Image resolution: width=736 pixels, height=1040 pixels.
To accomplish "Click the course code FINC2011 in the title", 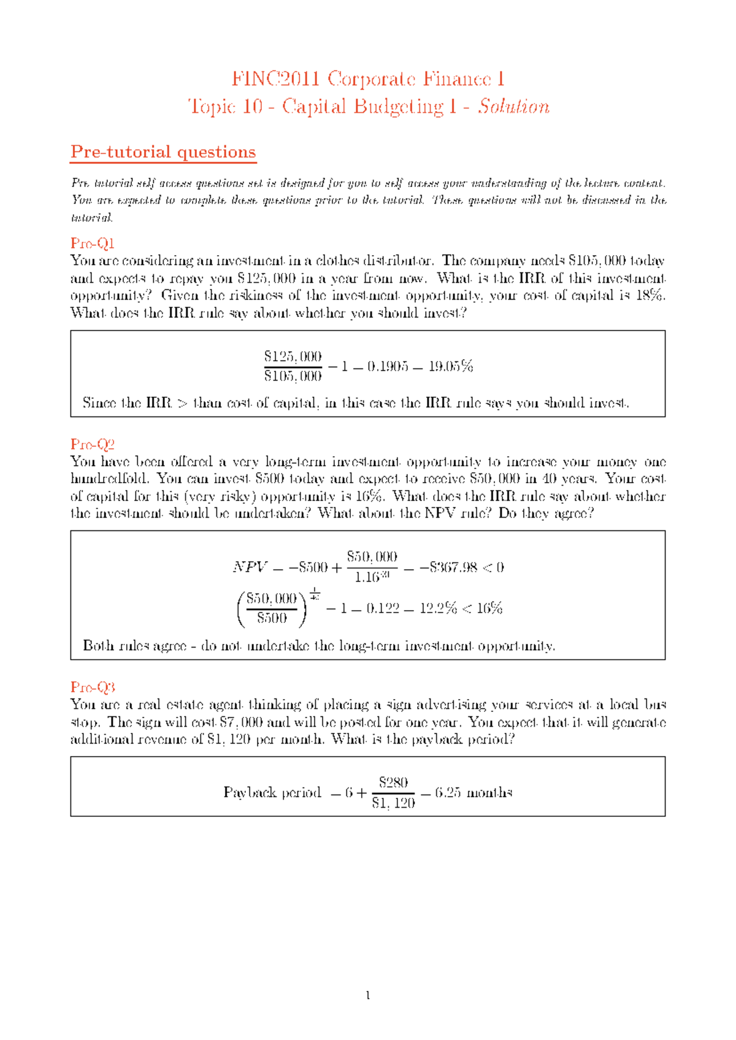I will (275, 79).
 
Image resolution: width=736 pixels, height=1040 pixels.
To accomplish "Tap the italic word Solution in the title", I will (513, 107).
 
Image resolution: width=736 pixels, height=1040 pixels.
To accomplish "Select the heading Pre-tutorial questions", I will (163, 151).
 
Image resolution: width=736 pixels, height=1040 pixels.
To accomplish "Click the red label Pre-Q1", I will (93, 243).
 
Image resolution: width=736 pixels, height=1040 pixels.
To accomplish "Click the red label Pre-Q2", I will (93, 444).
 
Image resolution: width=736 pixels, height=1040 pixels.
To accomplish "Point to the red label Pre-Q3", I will (93, 687).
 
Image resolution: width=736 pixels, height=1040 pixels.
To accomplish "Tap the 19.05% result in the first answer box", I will (451, 367).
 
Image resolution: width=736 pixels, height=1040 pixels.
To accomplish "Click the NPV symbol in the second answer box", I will (250, 567).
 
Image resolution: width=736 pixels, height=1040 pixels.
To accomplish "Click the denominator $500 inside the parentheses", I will (272, 618).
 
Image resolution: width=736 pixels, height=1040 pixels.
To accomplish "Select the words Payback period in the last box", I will (272, 793).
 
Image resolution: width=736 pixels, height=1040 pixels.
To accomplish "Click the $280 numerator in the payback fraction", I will (393, 782).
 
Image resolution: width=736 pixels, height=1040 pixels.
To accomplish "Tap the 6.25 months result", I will (473, 793).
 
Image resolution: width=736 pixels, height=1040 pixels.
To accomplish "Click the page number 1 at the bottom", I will (367, 996).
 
